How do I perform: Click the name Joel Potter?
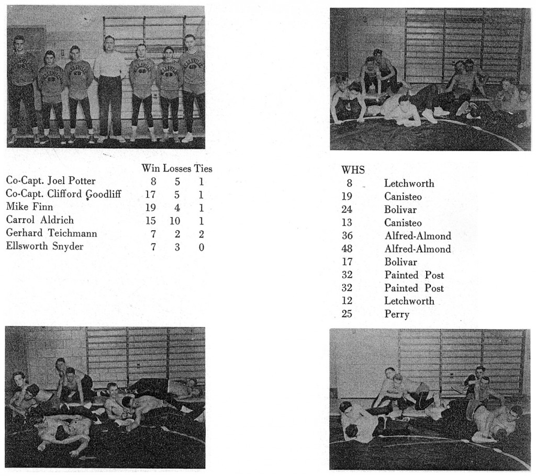71,182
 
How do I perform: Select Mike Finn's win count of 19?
151,207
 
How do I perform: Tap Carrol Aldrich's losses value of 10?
175,220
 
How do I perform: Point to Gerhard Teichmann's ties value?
202,233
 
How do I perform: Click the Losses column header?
177,168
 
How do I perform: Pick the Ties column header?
203,168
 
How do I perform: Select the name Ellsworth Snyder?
44,246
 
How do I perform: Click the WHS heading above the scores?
353,170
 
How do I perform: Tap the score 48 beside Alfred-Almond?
347,249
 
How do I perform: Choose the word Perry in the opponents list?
397,314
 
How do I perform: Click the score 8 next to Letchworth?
349,184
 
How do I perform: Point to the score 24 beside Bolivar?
347,210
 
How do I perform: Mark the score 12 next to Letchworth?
347,301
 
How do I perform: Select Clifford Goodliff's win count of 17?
151,194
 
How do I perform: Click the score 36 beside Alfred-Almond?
347,236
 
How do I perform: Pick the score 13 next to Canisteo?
347,223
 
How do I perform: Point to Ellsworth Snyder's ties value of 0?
202,246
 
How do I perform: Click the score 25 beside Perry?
347,314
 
